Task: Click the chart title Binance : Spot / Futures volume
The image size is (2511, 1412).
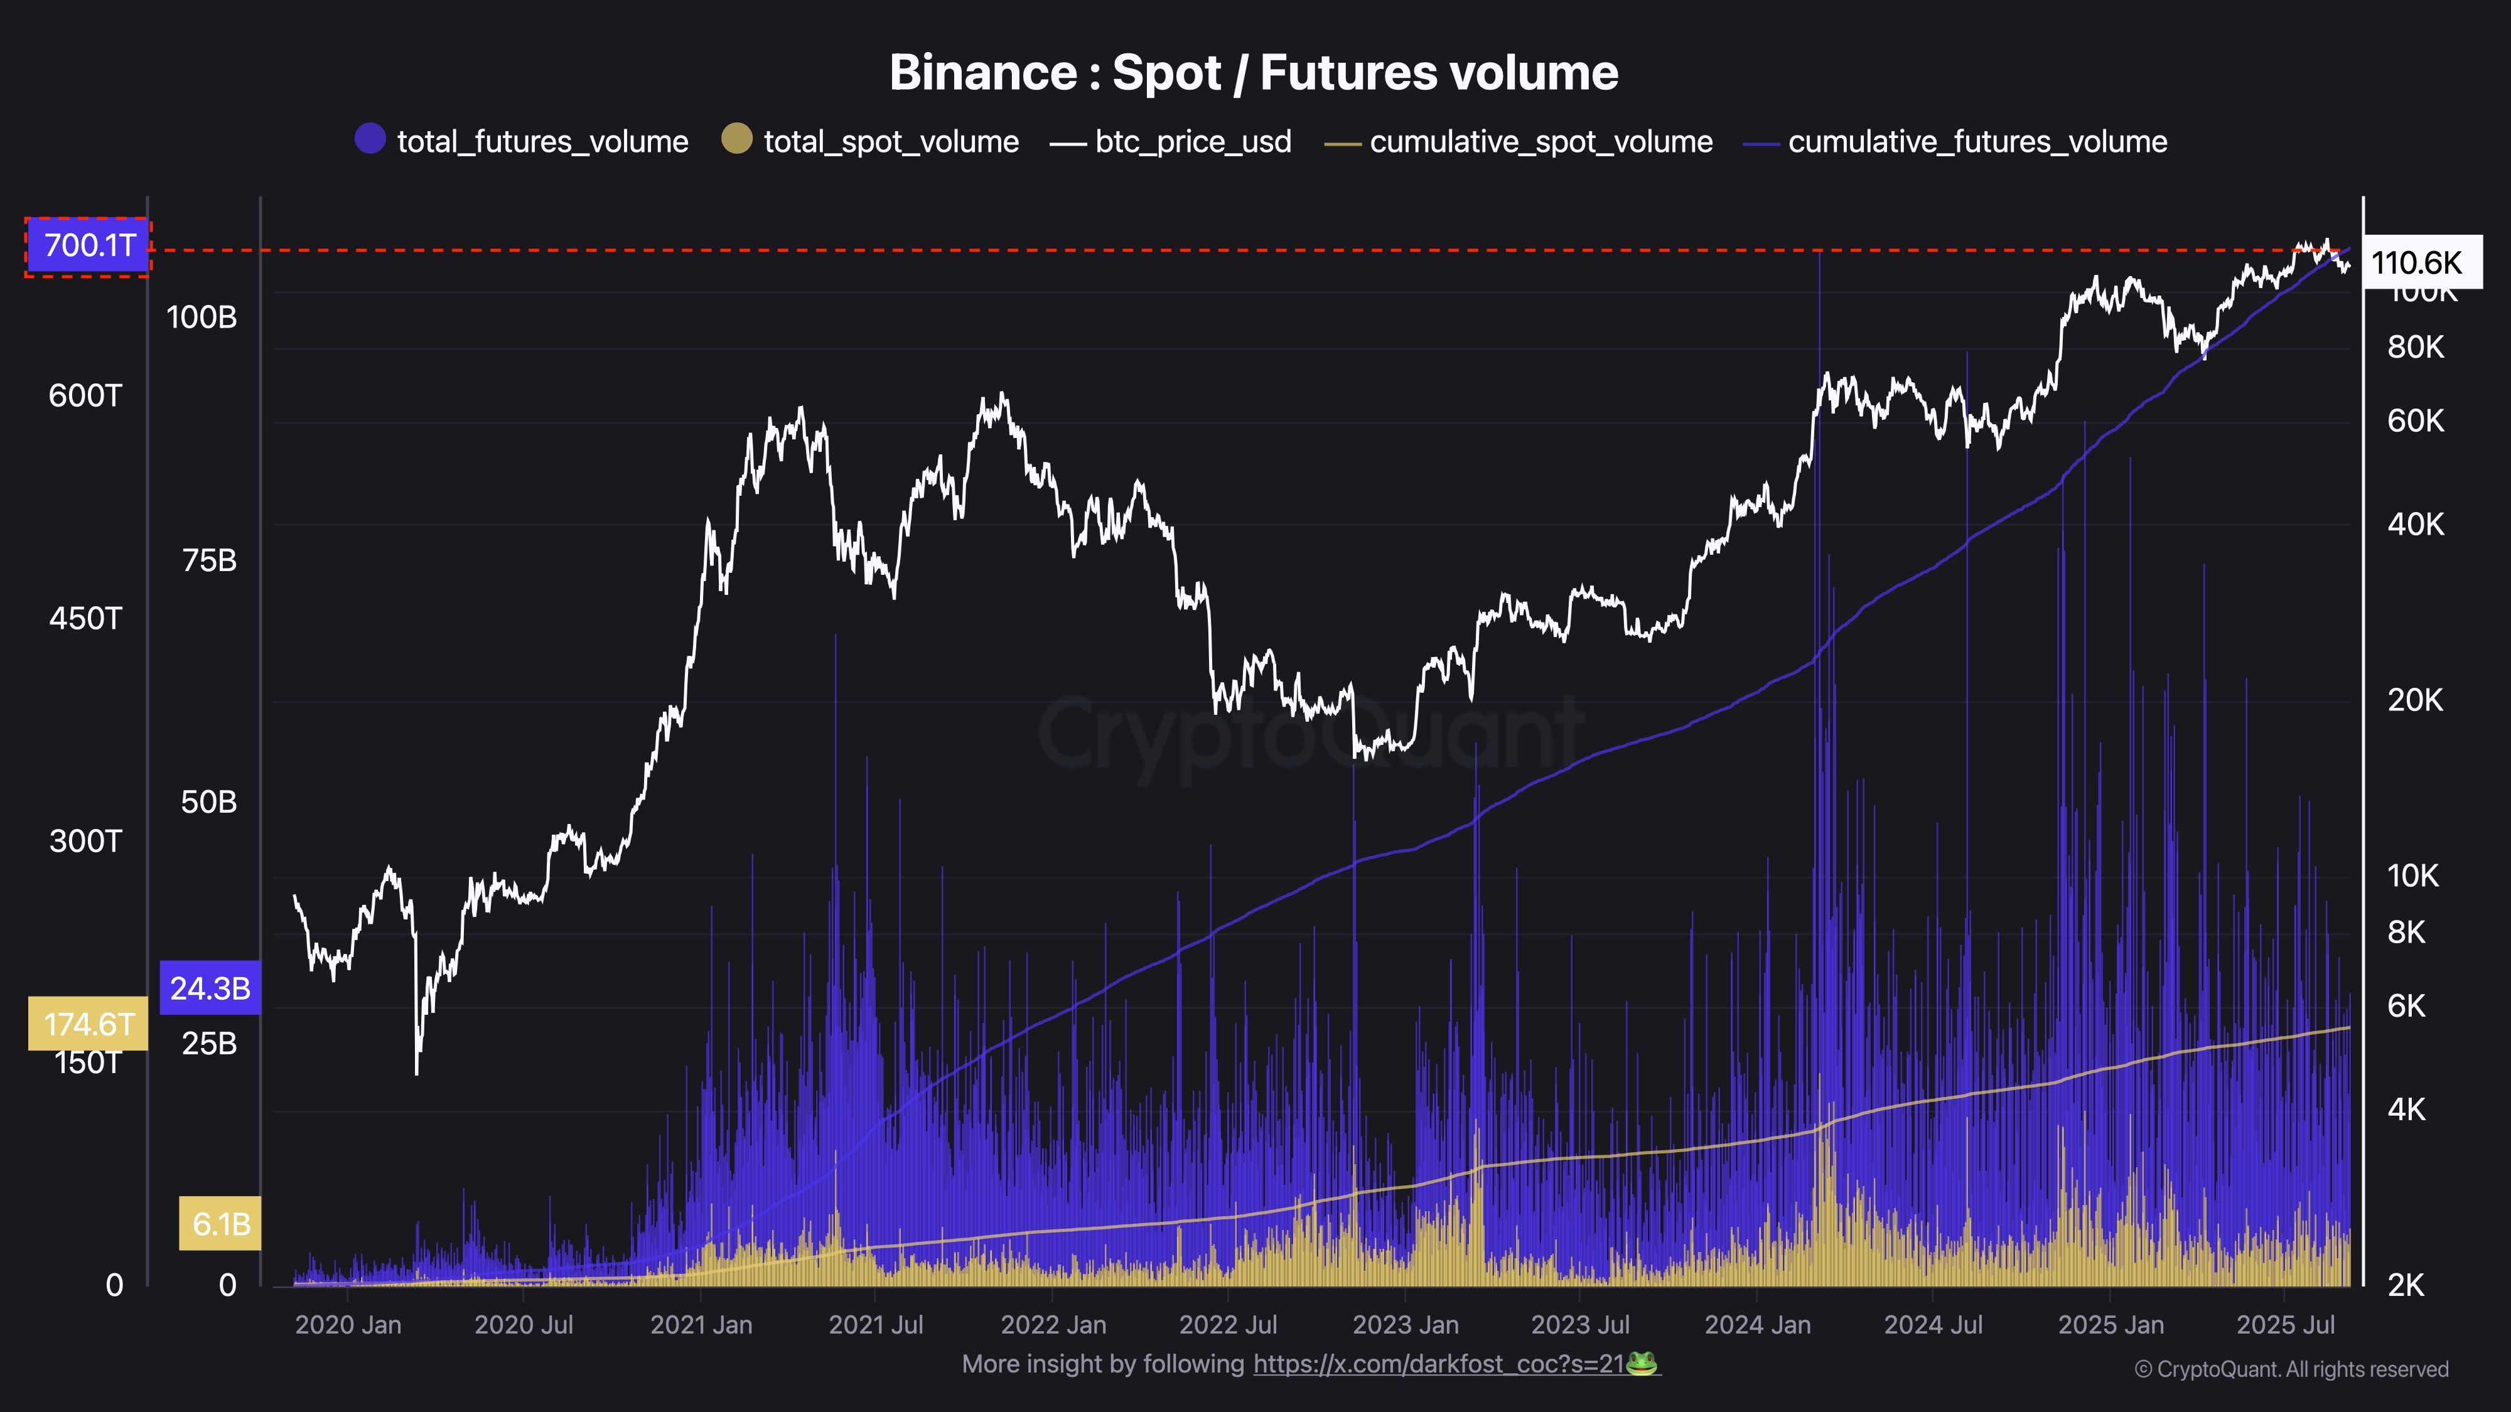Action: point(1254,73)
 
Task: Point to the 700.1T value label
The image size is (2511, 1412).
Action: point(89,245)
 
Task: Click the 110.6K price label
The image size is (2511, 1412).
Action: point(2416,262)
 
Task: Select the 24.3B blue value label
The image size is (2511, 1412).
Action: point(210,988)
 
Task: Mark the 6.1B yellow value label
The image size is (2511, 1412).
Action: point(221,1224)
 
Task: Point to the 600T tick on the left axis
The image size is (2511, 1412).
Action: point(86,395)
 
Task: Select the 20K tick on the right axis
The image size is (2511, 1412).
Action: point(2416,700)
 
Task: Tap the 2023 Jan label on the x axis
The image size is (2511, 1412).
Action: point(1405,1325)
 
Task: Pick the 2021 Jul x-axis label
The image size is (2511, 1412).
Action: point(875,1325)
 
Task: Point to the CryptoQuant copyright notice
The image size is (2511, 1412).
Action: point(2291,1369)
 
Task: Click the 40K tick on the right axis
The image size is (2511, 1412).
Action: point(2416,524)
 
